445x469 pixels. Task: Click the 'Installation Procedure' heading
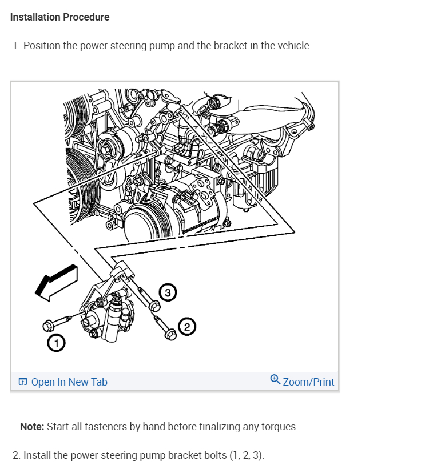tap(59, 17)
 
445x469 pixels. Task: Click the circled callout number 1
tap(55, 343)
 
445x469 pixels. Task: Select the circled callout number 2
tap(187, 327)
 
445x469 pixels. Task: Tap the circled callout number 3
tap(166, 293)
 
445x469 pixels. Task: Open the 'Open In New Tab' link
tap(69, 382)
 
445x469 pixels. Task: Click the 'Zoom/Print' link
tap(308, 382)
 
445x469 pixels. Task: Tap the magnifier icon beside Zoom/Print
tap(275, 380)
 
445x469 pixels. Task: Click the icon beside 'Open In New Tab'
tap(23, 382)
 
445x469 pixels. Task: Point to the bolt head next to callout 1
tap(49, 326)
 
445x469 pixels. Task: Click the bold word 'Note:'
tap(32, 427)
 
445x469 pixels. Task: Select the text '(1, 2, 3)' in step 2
tap(246, 455)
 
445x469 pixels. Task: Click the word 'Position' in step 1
tap(42, 46)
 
